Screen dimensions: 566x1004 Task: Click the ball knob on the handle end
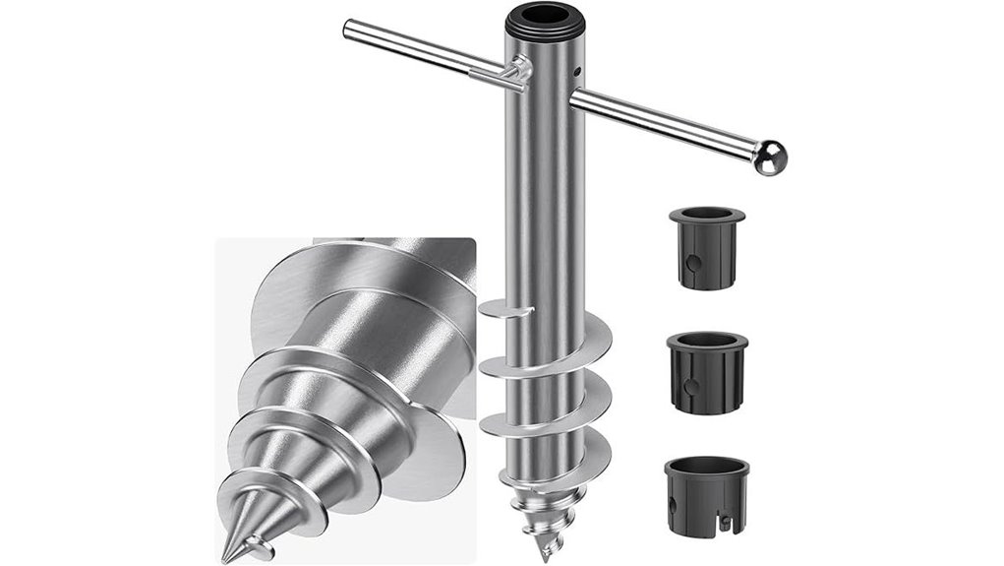coord(771,156)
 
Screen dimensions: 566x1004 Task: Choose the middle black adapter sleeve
coord(706,372)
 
